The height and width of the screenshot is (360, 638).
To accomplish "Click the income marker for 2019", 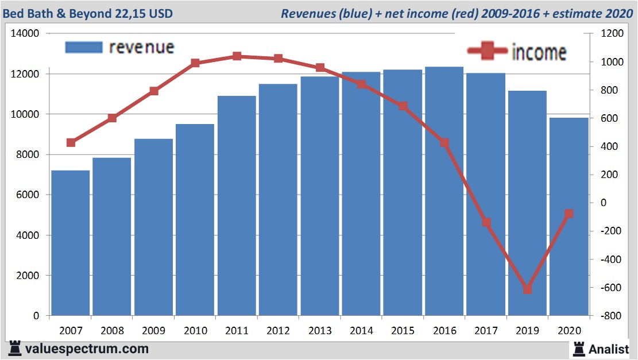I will point(527,289).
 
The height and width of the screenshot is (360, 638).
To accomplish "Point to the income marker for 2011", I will point(237,56).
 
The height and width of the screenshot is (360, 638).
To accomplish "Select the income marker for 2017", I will point(486,222).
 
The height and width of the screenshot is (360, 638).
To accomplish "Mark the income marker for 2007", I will point(71,142).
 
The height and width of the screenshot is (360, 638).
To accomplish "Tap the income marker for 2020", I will point(569,214).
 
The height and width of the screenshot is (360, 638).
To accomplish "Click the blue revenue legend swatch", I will point(84,47).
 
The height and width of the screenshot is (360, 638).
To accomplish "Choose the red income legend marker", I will point(488,51).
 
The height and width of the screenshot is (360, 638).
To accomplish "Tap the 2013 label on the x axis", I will point(320,331).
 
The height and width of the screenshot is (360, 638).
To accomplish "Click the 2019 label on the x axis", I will point(527,331).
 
